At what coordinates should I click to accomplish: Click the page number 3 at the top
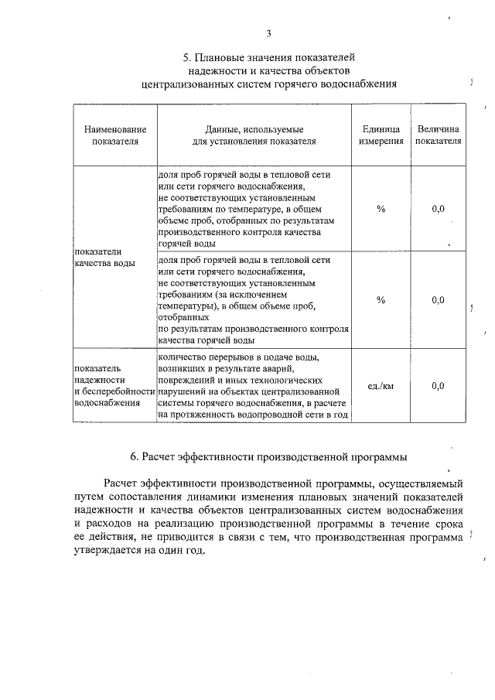click(268, 33)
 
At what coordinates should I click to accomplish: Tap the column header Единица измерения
click(381, 136)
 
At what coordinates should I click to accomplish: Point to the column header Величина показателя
click(438, 136)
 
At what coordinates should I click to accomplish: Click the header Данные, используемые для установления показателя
click(254, 136)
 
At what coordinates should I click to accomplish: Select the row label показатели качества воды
click(104, 258)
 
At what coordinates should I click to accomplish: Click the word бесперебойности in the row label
click(115, 391)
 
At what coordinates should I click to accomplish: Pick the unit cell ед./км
click(381, 385)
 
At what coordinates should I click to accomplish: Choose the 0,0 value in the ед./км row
click(438, 385)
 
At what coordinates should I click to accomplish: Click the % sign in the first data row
click(381, 210)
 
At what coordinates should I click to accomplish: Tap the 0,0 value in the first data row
click(438, 210)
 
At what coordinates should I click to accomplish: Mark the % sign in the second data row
click(381, 299)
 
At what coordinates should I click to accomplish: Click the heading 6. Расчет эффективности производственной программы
click(268, 456)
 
